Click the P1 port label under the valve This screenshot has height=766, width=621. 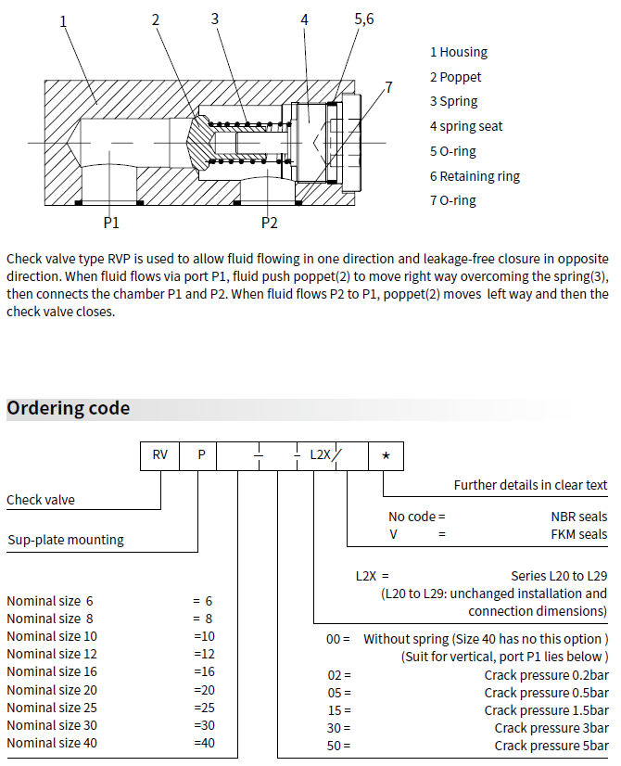point(111,223)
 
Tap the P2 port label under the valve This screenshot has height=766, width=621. point(269,223)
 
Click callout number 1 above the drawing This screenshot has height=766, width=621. point(63,21)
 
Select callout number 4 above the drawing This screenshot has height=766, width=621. point(304,19)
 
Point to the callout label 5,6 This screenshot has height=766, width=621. point(364,19)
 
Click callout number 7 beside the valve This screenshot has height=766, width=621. point(388,87)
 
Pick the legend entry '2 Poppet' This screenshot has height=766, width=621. point(455,77)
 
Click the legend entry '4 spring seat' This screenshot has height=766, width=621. point(465,126)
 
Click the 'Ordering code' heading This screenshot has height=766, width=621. point(69,409)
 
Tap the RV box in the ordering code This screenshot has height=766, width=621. point(159,456)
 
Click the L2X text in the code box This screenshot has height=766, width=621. point(320,456)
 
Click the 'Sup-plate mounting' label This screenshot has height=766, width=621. point(66,540)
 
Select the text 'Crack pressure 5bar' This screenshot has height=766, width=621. point(551,746)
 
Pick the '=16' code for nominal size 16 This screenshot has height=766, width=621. point(204,671)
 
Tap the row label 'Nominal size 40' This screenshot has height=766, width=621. point(52,742)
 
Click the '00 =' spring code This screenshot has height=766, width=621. point(339,639)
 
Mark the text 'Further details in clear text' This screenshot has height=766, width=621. point(530,485)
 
